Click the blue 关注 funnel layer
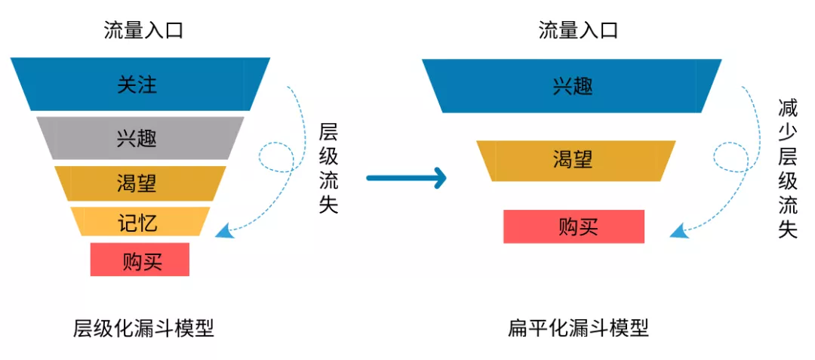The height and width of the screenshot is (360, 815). tap(140, 85)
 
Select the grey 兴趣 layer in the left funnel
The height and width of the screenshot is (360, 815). tap(140, 138)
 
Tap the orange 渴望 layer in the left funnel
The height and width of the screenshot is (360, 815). tap(140, 183)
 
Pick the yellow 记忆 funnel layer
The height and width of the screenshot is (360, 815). tap(140, 221)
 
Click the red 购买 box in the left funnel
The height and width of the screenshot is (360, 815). tap(140, 259)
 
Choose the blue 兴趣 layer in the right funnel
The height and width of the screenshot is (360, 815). tap(572, 86)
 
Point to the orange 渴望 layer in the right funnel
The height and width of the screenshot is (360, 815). tap(576, 161)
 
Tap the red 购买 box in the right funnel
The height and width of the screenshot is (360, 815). tap(574, 226)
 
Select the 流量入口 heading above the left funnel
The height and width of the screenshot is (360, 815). tap(143, 31)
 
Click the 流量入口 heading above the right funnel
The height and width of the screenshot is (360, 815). tap(578, 31)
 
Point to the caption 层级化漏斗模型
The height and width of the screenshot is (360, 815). tap(143, 328)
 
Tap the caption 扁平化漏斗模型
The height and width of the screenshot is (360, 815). tap(579, 328)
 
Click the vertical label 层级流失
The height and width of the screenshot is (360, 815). tap(328, 168)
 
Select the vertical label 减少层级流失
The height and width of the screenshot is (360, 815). tap(788, 168)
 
